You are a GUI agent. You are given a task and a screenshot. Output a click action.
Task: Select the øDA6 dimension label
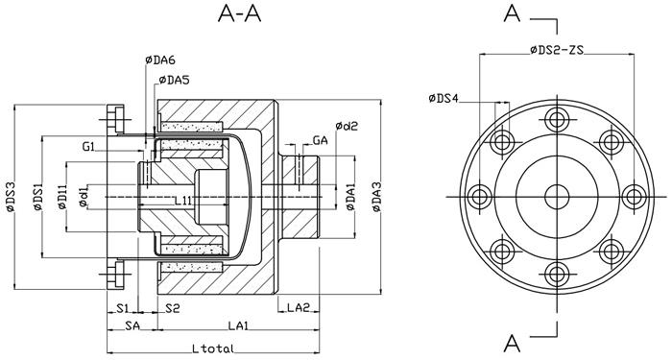pyautogui.click(x=160, y=61)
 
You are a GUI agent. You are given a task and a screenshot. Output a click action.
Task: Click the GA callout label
pyautogui.click(x=323, y=140)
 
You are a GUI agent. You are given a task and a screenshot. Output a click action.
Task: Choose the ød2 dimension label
pyautogui.click(x=347, y=127)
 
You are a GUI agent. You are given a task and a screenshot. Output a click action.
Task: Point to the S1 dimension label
pyautogui.click(x=123, y=307)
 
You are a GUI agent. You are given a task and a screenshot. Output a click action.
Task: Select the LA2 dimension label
pyautogui.click(x=299, y=307)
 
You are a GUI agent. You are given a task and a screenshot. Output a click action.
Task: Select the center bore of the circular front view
pyautogui.click(x=556, y=197)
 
